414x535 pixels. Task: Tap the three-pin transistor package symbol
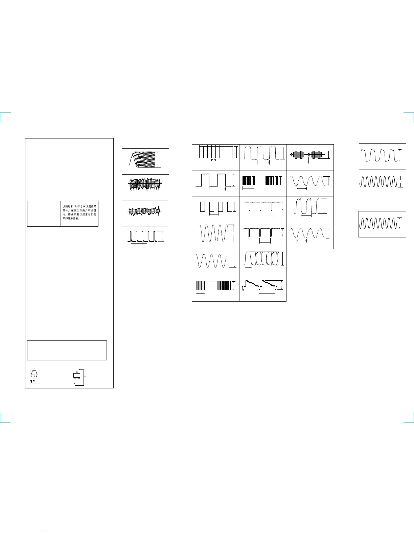click(76, 376)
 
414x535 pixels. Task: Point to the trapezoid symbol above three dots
click(34, 373)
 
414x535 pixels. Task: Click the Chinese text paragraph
click(79, 212)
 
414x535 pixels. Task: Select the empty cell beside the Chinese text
click(44, 214)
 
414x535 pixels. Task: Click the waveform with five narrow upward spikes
click(142, 236)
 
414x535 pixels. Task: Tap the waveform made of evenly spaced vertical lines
click(215, 152)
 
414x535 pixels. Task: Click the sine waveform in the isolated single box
click(379, 224)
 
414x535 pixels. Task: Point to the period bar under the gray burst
click(300, 162)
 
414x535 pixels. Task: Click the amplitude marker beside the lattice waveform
click(158, 159)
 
